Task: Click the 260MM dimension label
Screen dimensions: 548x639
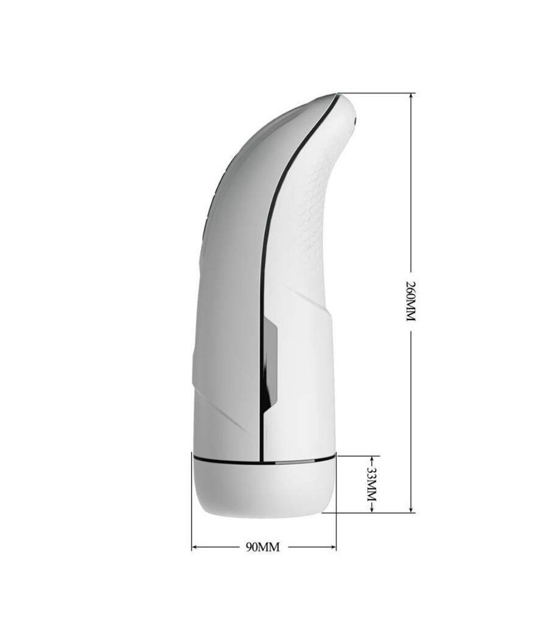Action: (410, 301)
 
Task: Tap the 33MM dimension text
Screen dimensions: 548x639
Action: (371, 484)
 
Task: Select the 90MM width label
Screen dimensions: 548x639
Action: (263, 547)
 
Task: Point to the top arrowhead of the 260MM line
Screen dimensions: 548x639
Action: (411, 96)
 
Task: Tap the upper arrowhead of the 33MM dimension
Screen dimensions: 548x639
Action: (372, 459)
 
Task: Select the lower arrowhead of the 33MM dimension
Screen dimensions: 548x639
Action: (372, 509)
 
